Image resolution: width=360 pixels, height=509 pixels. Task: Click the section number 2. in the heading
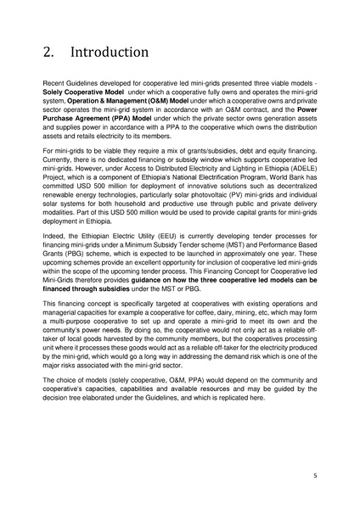pos(49,52)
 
